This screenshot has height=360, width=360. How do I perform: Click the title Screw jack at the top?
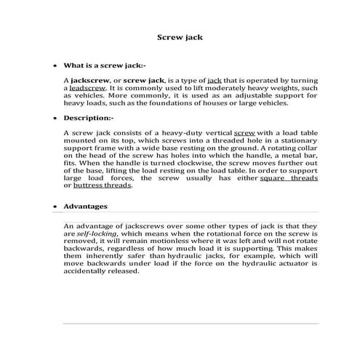180,36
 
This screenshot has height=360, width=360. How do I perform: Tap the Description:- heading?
88,117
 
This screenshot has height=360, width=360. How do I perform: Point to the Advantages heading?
86,207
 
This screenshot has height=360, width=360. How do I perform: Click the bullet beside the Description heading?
55,117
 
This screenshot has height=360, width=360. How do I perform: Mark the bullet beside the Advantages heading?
55,207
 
